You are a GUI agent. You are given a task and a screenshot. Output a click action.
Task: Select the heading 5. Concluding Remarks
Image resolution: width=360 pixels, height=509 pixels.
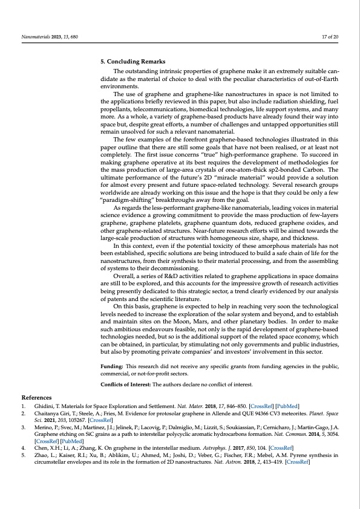click(x=133, y=62)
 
